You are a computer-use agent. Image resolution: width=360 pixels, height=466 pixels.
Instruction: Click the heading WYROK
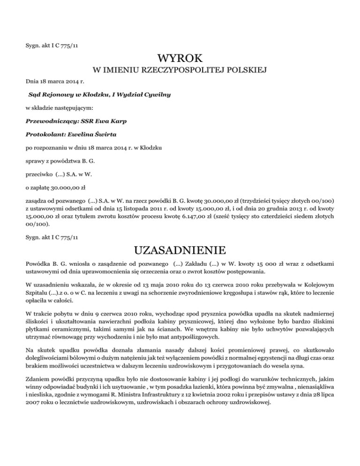[x=180, y=59]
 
